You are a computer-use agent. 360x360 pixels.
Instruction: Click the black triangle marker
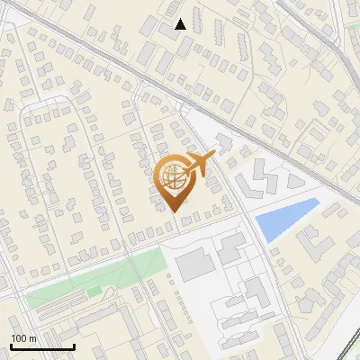click(x=181, y=24)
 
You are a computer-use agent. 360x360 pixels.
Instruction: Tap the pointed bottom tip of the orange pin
click(x=174, y=211)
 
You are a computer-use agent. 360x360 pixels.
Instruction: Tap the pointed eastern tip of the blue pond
click(x=319, y=200)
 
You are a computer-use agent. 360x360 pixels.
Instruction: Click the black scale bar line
click(x=42, y=346)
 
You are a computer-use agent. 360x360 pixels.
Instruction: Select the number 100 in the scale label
click(x=19, y=338)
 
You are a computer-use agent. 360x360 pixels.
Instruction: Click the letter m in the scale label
click(x=32, y=338)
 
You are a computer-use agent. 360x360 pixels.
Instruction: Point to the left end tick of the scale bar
click(x=11, y=345)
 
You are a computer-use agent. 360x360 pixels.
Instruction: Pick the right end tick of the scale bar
click(x=74, y=345)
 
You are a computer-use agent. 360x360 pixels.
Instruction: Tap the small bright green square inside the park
click(x=94, y=292)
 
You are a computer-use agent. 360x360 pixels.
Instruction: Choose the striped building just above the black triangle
click(x=173, y=8)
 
